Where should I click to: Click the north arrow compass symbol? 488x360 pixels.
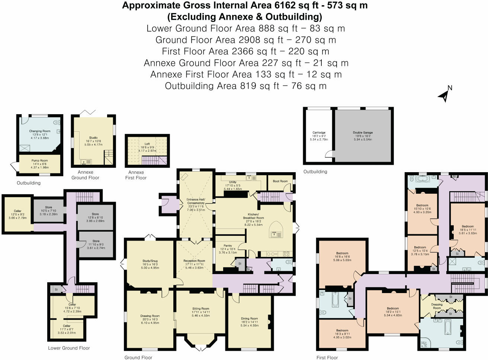pos(445,94)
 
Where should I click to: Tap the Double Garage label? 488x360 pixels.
pos(363,132)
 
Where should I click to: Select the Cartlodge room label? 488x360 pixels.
pos(319,132)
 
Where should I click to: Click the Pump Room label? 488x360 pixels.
pos(39,161)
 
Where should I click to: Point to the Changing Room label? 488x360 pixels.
pos(40,131)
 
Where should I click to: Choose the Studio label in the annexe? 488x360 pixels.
pos(93,138)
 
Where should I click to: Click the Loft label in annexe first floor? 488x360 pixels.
pos(147,144)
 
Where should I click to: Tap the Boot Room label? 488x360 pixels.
pos(280,181)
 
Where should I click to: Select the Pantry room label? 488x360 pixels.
pos(228,245)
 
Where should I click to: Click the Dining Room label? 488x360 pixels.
pos(249,318)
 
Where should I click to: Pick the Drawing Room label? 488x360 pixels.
pos(150,316)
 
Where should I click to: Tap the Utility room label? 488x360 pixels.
pos(233,182)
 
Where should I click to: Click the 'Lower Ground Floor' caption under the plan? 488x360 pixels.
pos(69,348)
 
